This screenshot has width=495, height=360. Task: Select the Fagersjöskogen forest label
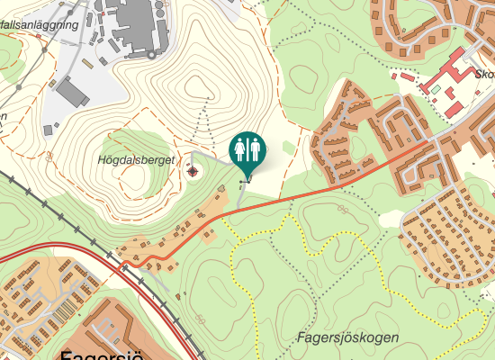[x=346, y=337]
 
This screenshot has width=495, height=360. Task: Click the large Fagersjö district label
[x=102, y=355]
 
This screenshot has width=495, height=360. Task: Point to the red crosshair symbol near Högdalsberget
[x=193, y=171]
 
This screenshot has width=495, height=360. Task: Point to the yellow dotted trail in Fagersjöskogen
[x=236, y=270]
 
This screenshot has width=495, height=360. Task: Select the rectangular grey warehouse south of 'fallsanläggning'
[x=73, y=90]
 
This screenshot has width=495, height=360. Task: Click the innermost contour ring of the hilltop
[x=196, y=86]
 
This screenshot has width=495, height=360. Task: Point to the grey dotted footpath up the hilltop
[x=207, y=126]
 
